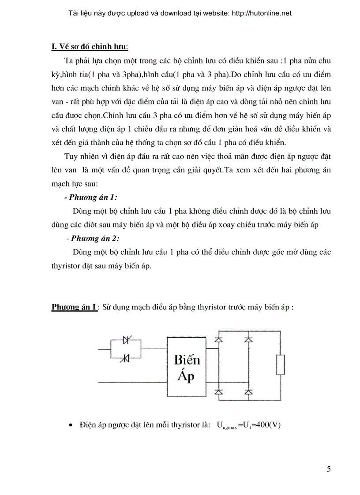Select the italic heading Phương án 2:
click(95, 238)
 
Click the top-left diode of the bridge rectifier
click(217, 340)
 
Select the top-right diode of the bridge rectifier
click(248, 340)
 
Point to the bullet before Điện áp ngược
click(71, 425)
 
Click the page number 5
click(329, 469)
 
